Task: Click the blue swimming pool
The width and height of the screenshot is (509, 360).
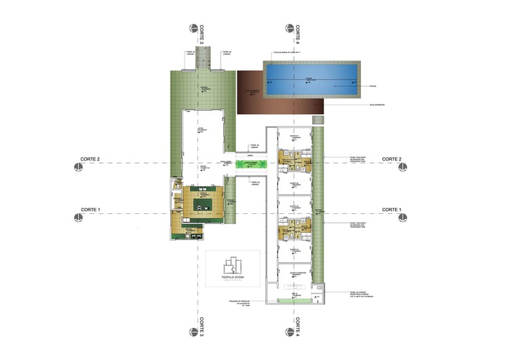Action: click(312, 81)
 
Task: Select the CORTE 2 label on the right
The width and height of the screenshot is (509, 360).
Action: click(392, 159)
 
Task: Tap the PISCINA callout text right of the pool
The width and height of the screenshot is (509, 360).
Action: click(373, 86)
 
